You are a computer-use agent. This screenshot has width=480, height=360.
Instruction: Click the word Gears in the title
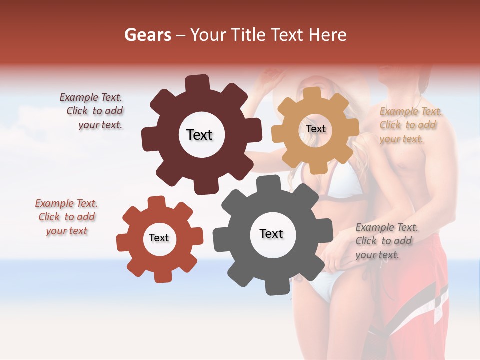pyautogui.click(x=147, y=35)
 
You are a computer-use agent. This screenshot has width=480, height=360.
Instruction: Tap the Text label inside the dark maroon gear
pyautogui.click(x=199, y=135)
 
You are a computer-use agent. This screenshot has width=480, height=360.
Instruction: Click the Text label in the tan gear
pyautogui.click(x=315, y=129)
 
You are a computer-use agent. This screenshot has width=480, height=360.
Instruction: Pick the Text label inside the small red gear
pyautogui.click(x=159, y=238)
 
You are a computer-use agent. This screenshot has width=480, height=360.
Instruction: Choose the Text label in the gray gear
pyautogui.click(x=271, y=233)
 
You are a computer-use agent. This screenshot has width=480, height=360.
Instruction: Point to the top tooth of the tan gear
pyautogui.click(x=312, y=94)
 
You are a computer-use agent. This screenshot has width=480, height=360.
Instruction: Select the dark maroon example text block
pyautogui.click(x=93, y=111)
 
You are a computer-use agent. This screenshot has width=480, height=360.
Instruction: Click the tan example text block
pyautogui.click(x=410, y=125)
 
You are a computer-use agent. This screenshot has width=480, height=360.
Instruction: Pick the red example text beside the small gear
pyautogui.click(x=67, y=217)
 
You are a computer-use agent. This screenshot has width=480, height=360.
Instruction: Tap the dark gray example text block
pyautogui.click(x=386, y=241)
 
